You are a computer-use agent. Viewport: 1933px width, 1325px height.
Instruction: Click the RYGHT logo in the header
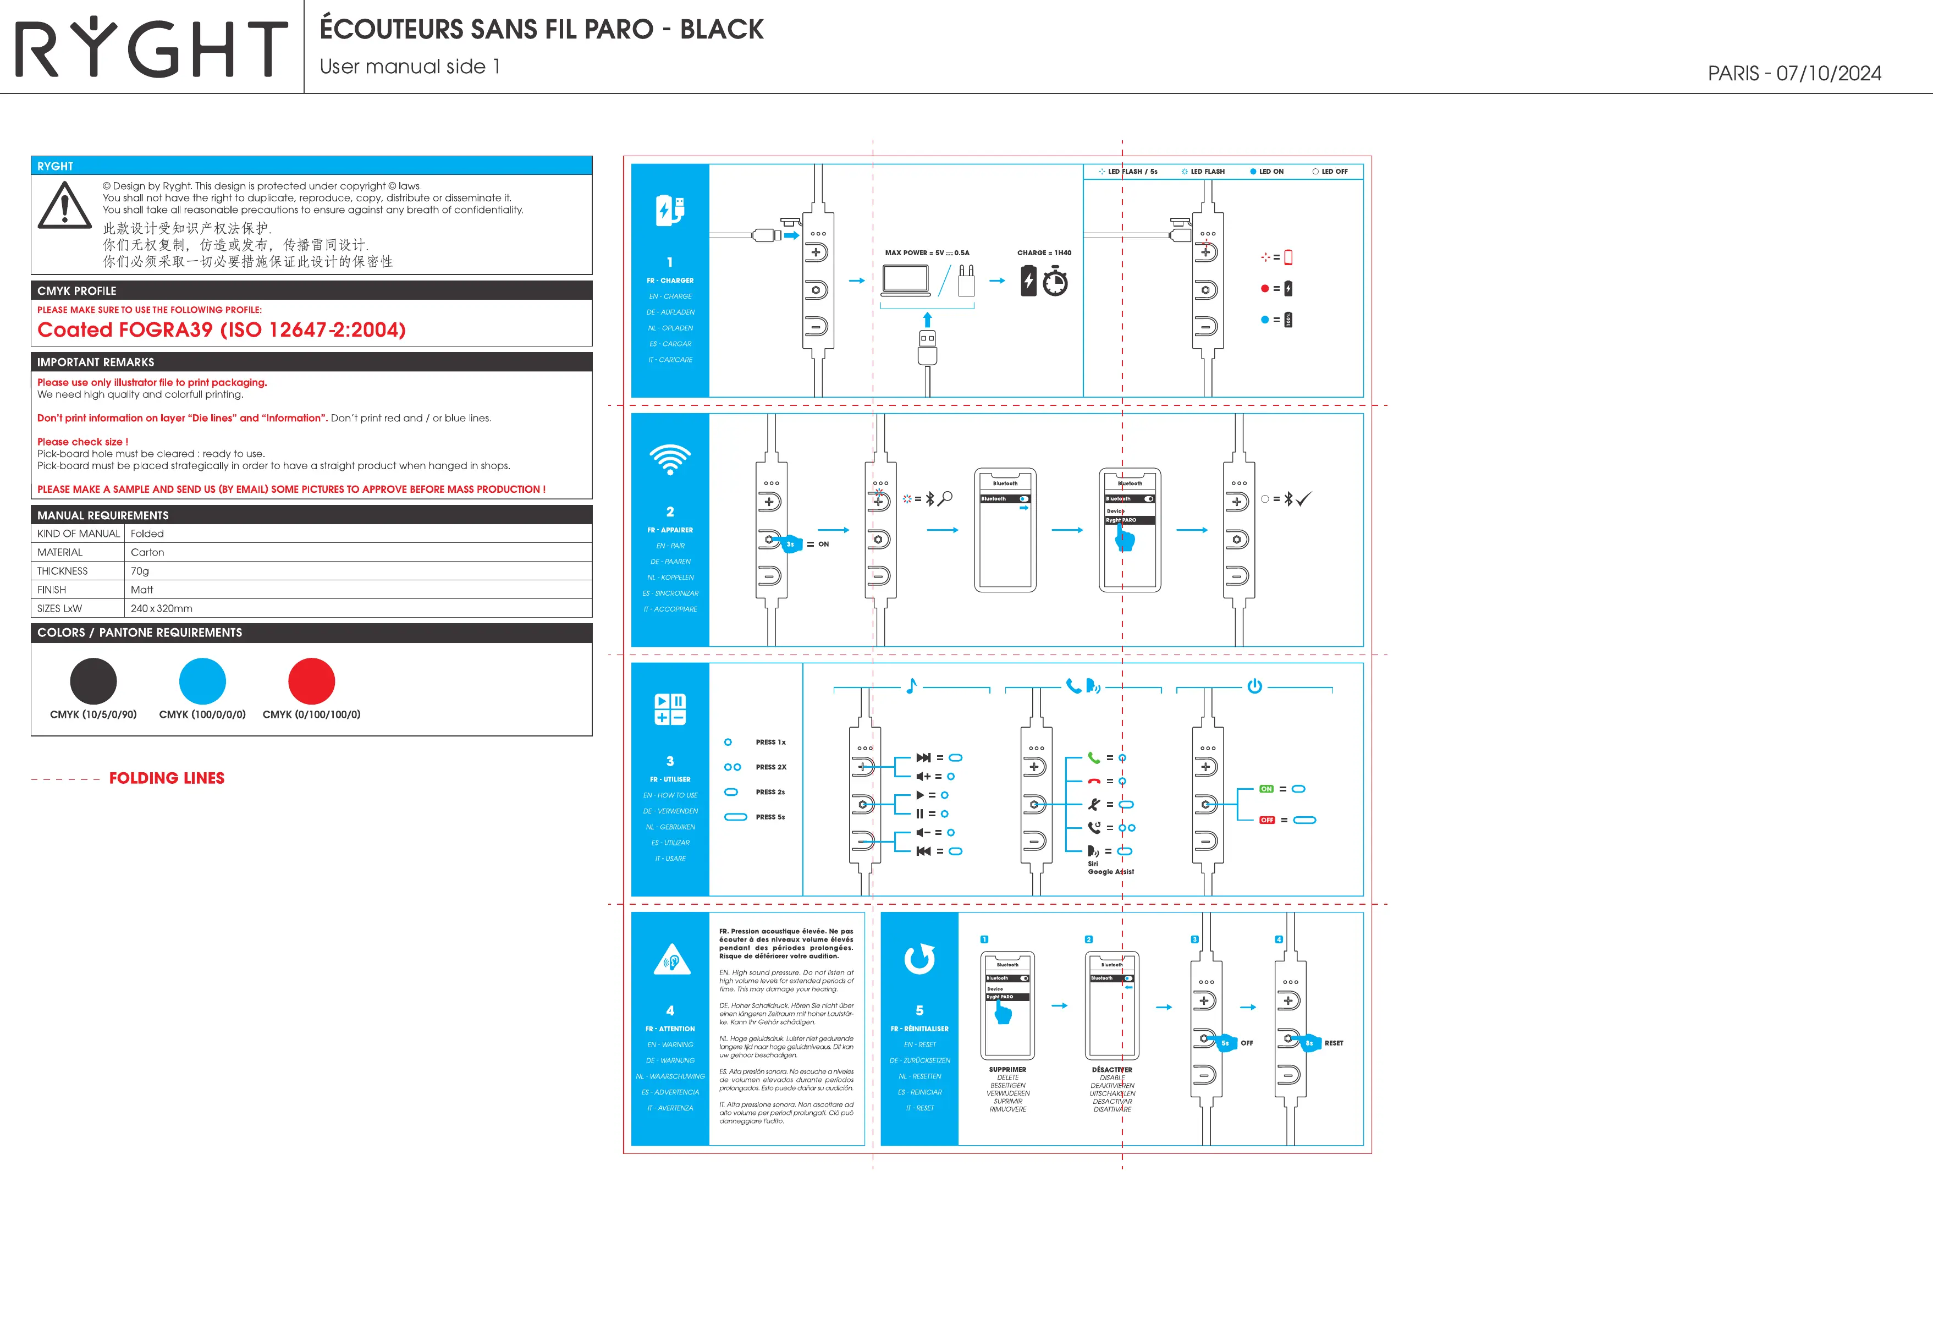(x=151, y=48)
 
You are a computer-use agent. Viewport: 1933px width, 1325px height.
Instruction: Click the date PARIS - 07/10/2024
(x=1794, y=73)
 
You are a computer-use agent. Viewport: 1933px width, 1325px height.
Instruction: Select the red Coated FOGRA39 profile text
(x=221, y=330)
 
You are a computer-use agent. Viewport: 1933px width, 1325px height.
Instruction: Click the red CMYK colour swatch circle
(x=311, y=681)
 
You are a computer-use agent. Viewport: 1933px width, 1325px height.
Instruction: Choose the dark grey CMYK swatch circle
(x=93, y=681)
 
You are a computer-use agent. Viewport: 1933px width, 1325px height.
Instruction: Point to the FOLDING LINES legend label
(x=166, y=778)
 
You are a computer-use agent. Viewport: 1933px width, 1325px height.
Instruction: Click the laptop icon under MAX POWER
(x=906, y=281)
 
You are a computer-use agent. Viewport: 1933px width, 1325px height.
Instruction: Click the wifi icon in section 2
(x=670, y=458)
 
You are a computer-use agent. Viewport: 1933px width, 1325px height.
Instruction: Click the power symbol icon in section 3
(x=1254, y=686)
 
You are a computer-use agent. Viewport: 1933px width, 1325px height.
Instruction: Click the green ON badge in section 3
(x=1266, y=789)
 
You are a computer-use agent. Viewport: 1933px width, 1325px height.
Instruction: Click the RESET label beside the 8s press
(x=1334, y=1043)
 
